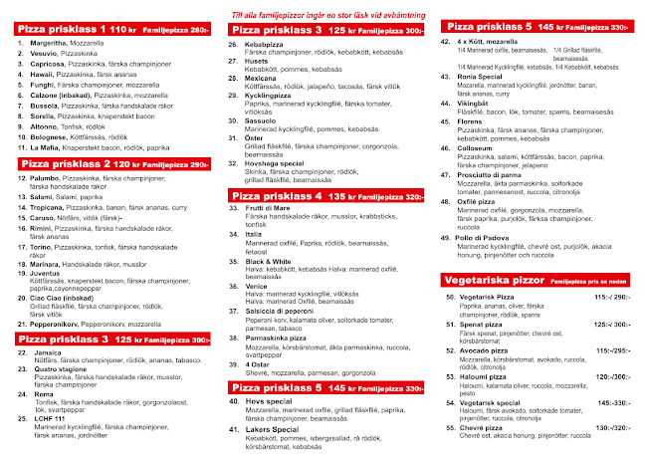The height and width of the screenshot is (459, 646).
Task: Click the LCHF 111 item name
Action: pos(51,419)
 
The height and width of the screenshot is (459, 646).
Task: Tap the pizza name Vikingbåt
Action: pos(473,103)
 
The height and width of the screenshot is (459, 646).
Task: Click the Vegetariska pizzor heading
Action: pos(491,282)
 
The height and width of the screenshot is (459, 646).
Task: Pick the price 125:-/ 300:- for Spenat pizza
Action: pos(611,324)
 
